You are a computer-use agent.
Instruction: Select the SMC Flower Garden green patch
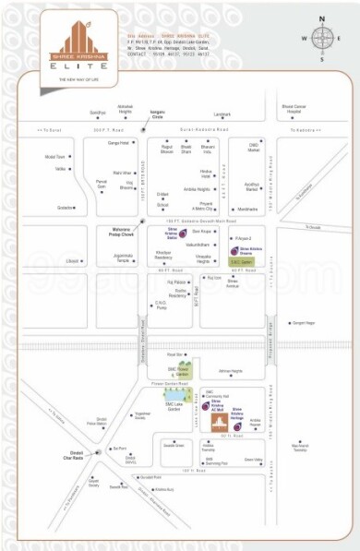pyautogui.click(x=182, y=373)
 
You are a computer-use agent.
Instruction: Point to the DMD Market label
pyautogui.click(x=253, y=146)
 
